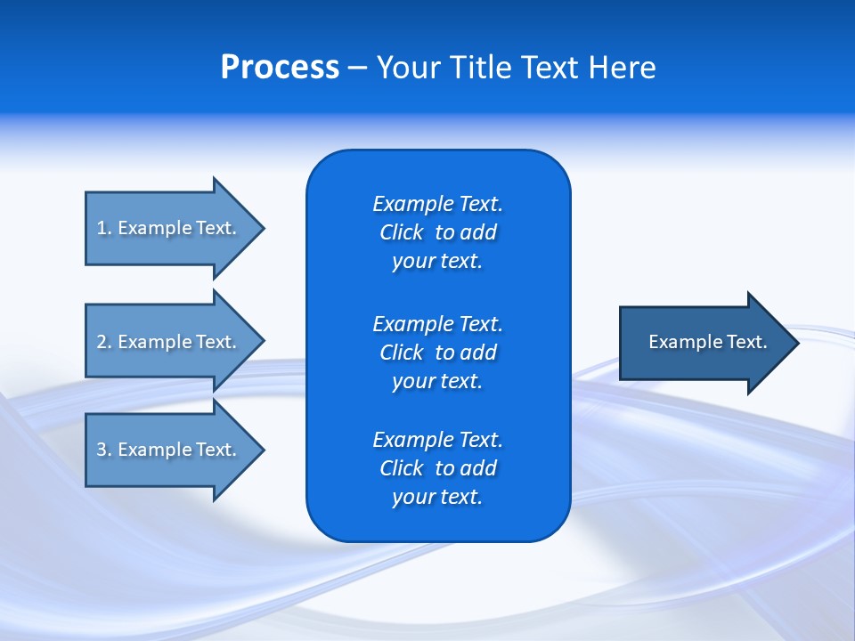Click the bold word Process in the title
(x=280, y=68)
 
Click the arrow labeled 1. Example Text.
(x=169, y=228)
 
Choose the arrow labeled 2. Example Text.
(x=169, y=342)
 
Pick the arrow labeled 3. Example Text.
(x=169, y=450)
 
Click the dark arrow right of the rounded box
(x=704, y=343)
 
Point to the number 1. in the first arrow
(x=103, y=228)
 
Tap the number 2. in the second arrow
(x=103, y=342)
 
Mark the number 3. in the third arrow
(x=103, y=450)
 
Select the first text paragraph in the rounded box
(x=437, y=232)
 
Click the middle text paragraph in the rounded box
(x=437, y=352)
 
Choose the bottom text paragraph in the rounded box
(x=437, y=468)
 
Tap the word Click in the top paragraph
(x=402, y=232)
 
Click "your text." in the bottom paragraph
(x=437, y=497)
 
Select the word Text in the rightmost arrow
(x=747, y=342)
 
